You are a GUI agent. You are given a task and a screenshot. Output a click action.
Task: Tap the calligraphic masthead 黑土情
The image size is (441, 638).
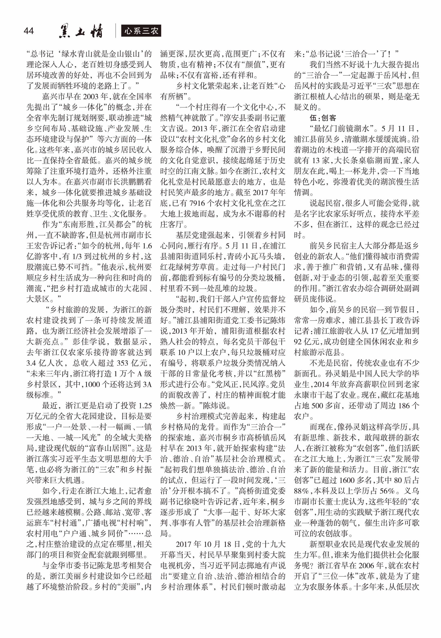81,31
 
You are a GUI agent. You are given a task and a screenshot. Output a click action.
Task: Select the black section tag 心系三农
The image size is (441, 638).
141,31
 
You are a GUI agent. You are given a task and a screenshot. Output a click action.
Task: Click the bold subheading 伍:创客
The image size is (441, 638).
323,118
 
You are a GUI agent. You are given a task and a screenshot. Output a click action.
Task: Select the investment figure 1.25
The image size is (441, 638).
145,406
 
